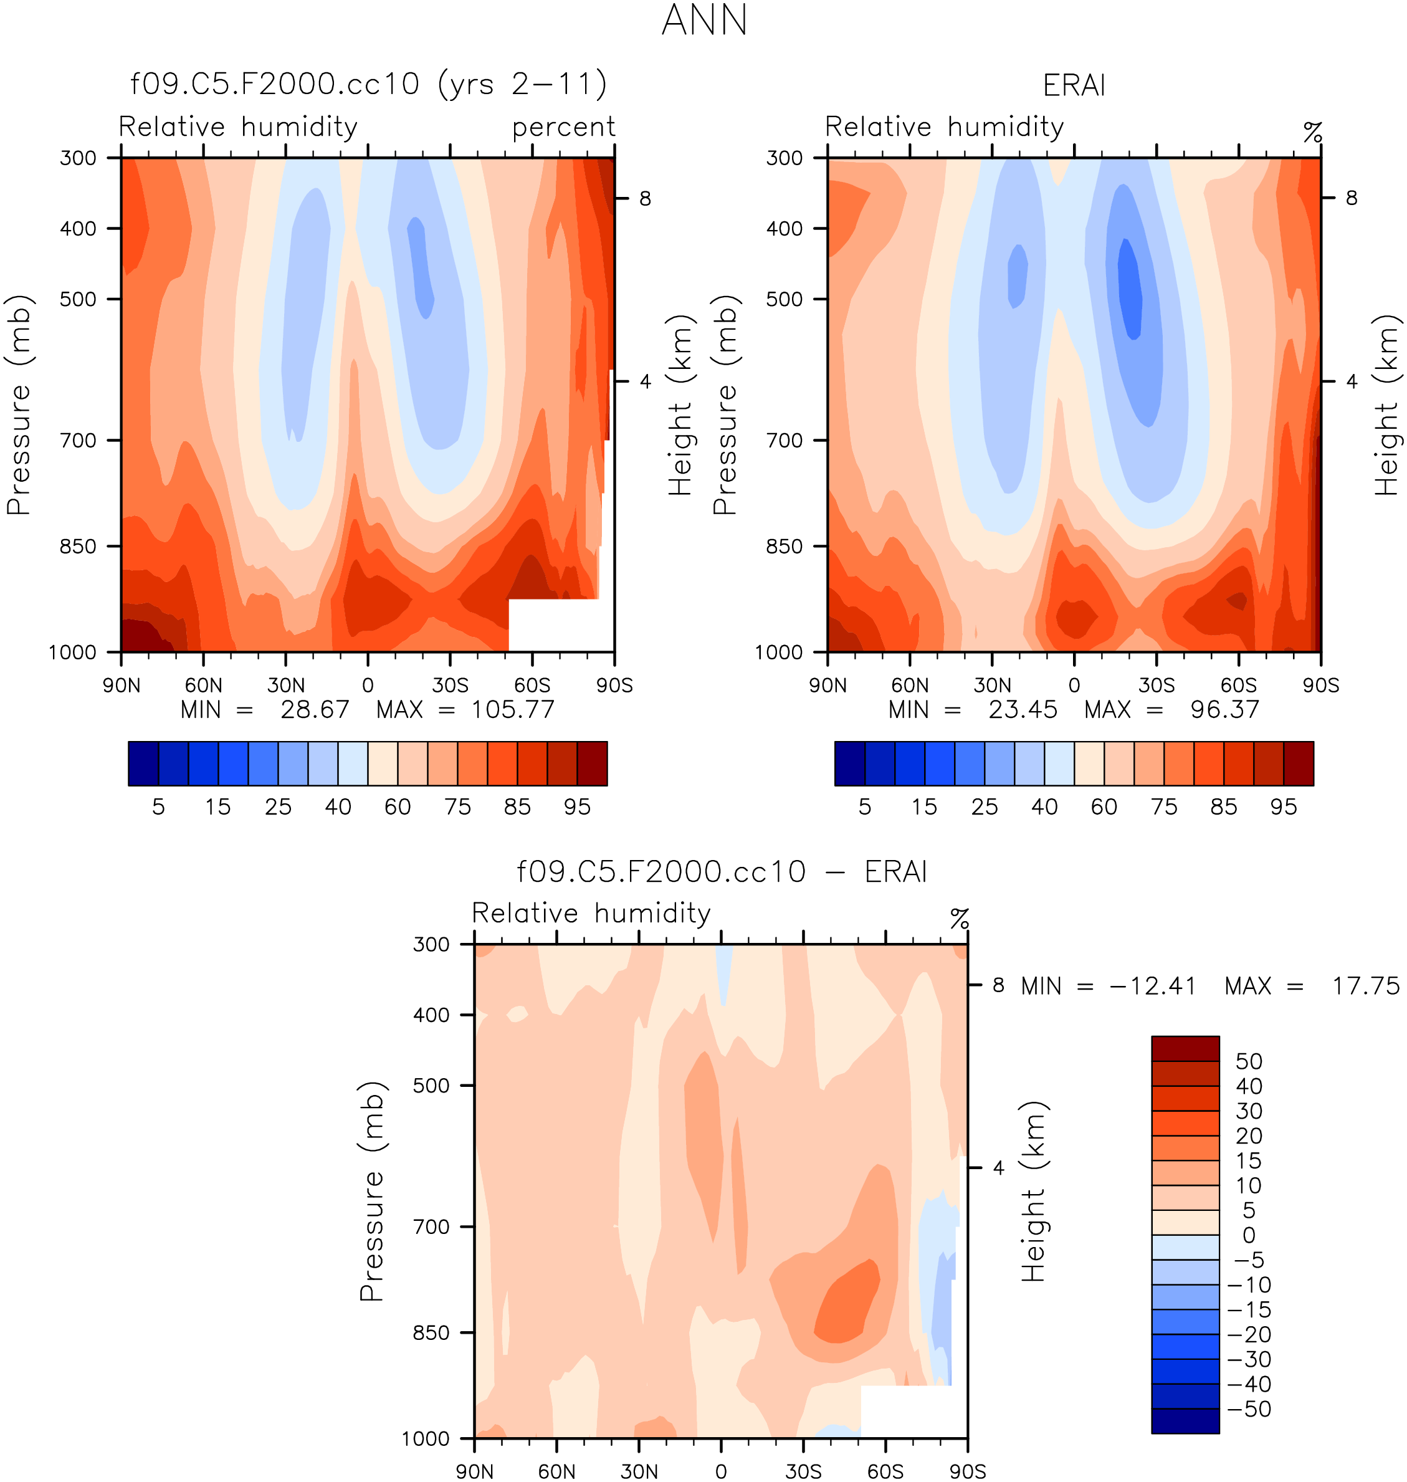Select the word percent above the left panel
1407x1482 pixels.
pos(563,127)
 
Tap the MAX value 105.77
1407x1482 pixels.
pos(512,709)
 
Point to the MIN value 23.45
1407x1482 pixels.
pos(1023,709)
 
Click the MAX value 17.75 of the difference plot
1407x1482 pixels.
pos(1365,985)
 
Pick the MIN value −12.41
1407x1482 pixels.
pos(1152,985)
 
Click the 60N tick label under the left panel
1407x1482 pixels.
pos(203,686)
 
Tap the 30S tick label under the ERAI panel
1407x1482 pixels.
pos(1156,686)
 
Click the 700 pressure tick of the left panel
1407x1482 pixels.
pos(78,440)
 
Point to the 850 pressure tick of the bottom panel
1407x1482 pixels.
pos(431,1333)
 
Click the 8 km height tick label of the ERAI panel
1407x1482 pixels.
pos(1351,198)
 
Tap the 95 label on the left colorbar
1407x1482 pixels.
pos(577,807)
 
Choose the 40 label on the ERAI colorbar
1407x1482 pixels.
pos(1044,807)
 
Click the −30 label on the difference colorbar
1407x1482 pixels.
pos(1249,1360)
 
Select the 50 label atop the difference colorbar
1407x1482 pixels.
pos(1249,1061)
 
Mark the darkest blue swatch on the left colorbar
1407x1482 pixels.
pos(143,763)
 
